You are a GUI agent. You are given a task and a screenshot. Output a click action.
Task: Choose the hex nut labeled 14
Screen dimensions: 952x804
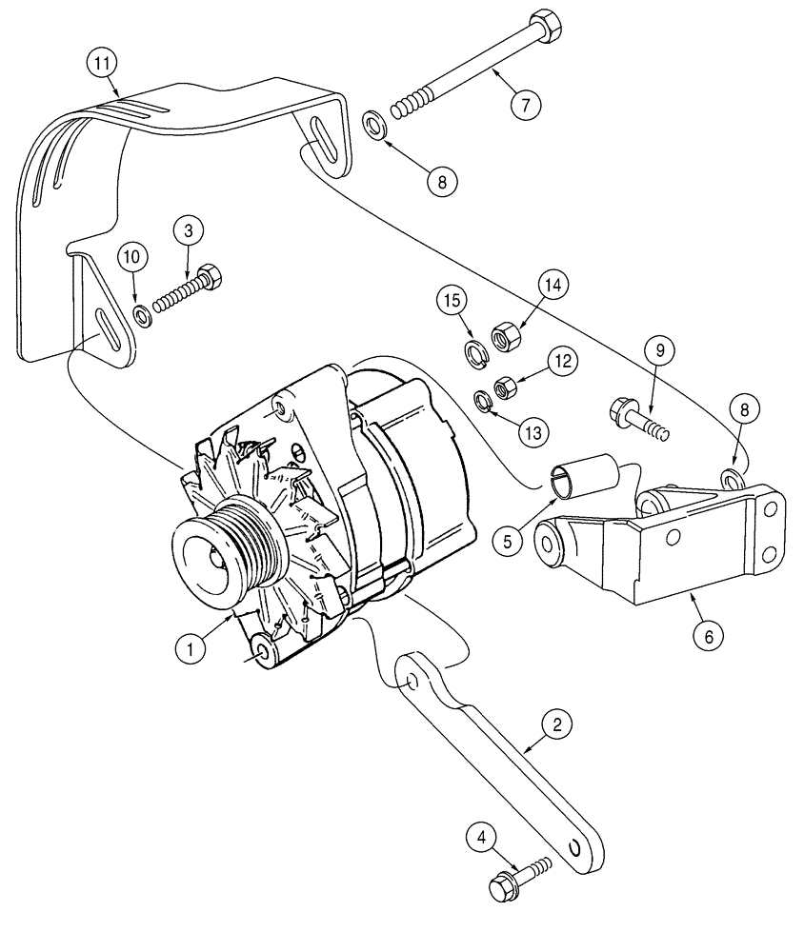(x=502, y=335)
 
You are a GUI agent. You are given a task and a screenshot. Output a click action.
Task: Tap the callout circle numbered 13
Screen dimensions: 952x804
(x=534, y=431)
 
